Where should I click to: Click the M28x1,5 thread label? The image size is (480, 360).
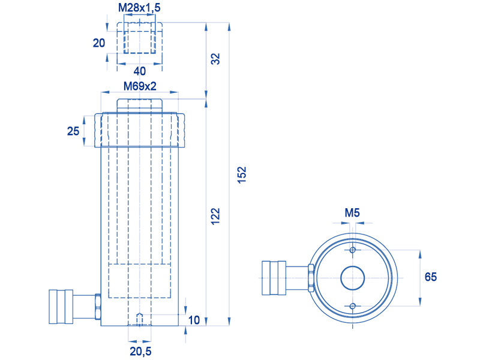point(139,8)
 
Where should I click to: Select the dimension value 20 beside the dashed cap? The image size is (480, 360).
point(99,43)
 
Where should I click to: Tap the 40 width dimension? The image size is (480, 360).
point(140,71)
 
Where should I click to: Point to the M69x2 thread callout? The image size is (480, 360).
point(140,86)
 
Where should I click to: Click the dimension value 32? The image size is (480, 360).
point(216,58)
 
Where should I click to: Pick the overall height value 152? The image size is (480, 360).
point(242,175)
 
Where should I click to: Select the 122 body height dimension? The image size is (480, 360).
point(216,216)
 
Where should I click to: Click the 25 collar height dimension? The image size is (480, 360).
point(73,131)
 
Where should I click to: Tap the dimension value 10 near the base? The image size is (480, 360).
point(194,320)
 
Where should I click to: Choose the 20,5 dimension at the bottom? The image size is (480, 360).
point(140,351)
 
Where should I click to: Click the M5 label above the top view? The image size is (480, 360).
point(352,212)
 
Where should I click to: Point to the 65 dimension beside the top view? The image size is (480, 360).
point(431,277)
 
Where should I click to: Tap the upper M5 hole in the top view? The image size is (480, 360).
point(353,250)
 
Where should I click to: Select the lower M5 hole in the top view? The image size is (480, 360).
point(353,306)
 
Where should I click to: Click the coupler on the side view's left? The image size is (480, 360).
point(61,307)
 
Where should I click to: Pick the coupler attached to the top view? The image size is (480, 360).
point(274,278)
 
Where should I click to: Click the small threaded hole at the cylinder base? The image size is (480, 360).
point(140,319)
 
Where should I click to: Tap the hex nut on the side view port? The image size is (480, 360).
point(98,307)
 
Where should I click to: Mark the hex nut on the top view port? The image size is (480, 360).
point(311,278)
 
